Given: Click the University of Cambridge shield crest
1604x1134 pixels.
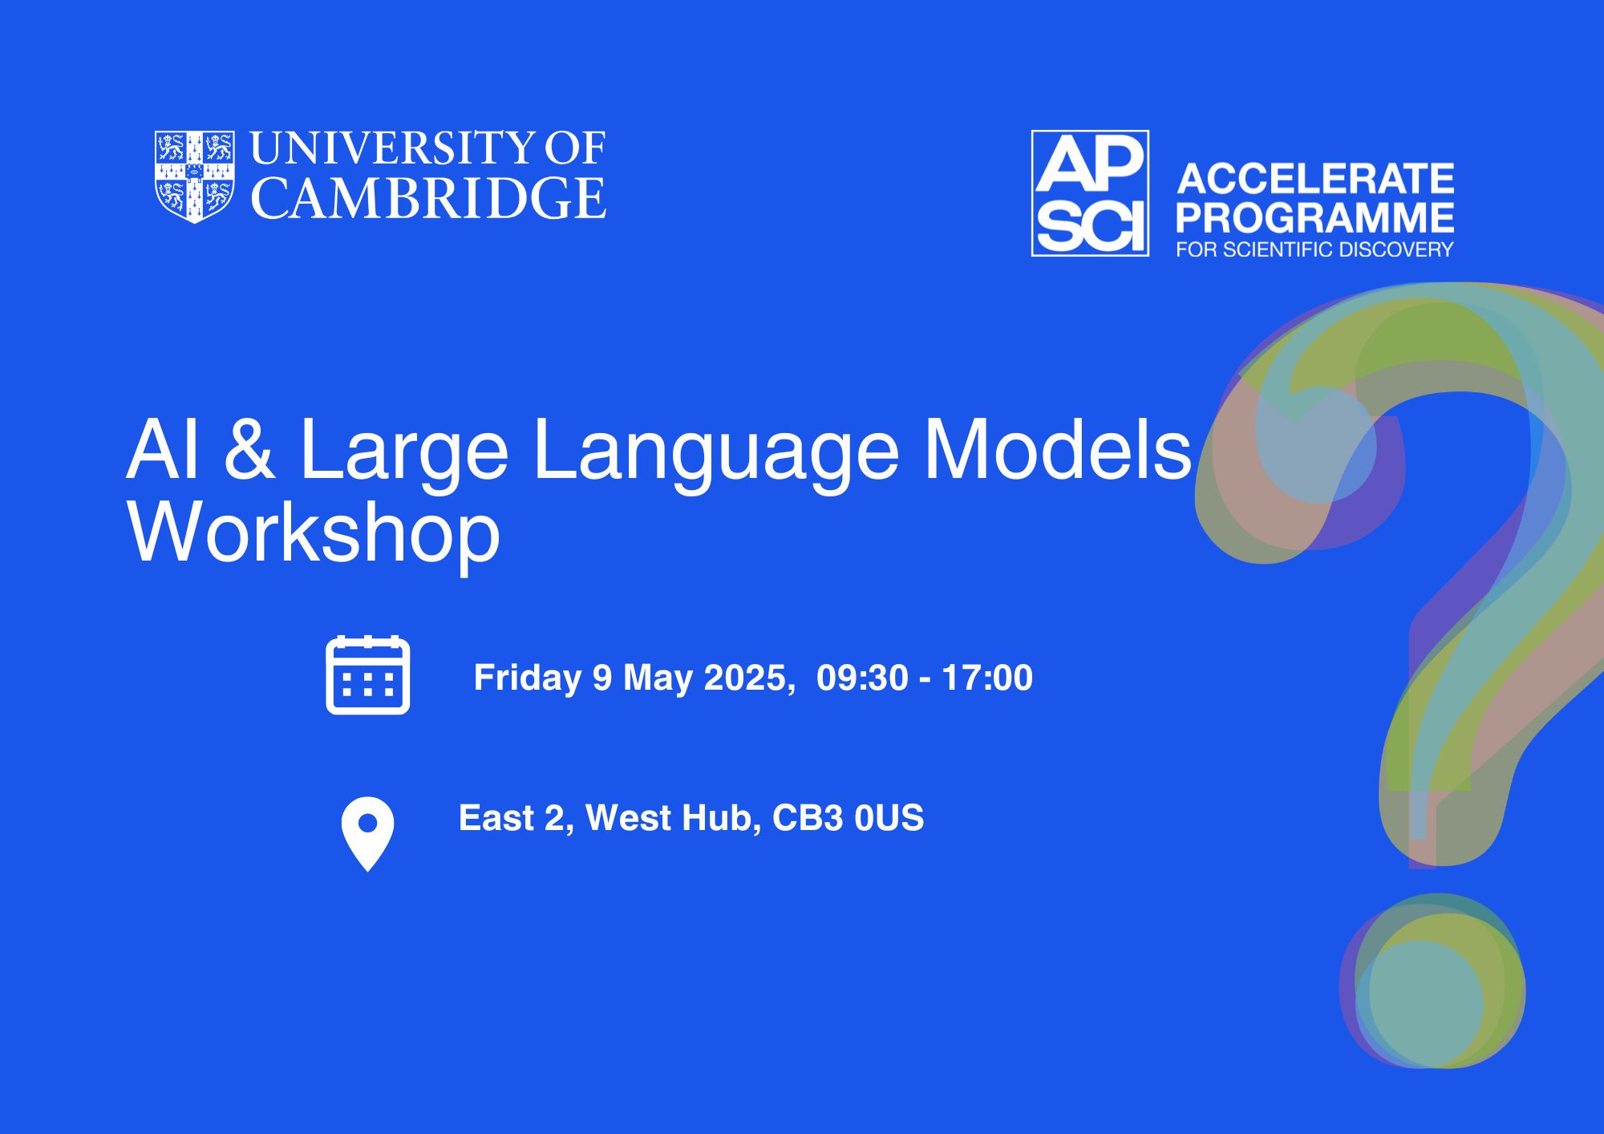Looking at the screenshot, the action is [195, 176].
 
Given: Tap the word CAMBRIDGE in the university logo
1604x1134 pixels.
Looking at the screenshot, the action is [429, 198].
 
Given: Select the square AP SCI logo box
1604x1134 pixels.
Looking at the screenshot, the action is [1090, 193].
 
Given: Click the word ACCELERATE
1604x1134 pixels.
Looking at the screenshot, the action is [1315, 179].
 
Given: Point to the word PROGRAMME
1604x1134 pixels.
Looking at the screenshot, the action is [1315, 217].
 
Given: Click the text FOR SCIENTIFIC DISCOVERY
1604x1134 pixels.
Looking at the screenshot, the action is [1315, 249].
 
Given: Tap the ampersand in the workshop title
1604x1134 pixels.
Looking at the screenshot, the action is [249, 451].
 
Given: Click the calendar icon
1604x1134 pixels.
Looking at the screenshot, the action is [368, 674].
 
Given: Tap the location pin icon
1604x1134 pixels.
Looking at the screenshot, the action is [368, 834].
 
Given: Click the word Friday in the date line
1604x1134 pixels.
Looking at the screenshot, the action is [527, 678].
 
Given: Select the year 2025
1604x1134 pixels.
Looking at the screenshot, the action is [744, 678].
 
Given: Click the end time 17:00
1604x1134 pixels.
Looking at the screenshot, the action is [987, 678].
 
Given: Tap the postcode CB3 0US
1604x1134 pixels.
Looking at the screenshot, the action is [848, 818].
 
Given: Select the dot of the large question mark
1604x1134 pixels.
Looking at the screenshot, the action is [1432, 981].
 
